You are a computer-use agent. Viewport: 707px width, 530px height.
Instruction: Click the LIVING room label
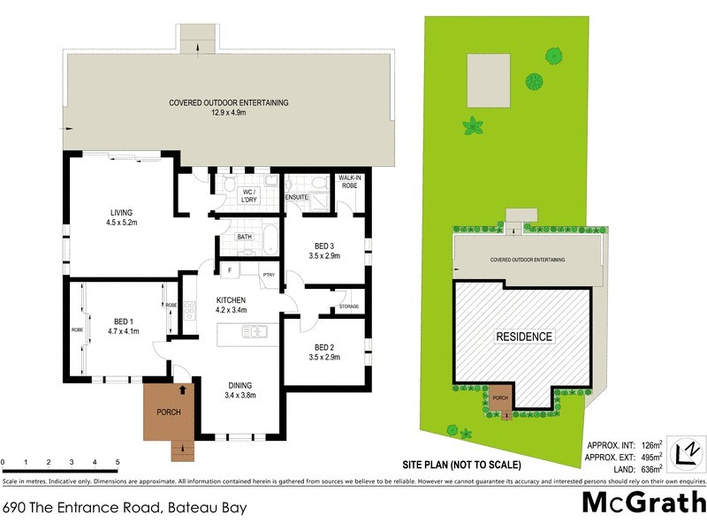[121, 212]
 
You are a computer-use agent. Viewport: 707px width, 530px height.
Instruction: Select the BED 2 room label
[323, 347]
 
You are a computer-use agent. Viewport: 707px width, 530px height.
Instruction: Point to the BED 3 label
[323, 246]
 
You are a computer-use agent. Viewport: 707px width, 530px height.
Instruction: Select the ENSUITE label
[297, 197]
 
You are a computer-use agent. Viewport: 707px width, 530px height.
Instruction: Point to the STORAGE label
[348, 307]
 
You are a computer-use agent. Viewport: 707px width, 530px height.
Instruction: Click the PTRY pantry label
[270, 276]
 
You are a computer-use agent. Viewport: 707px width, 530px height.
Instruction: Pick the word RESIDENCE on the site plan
[524, 337]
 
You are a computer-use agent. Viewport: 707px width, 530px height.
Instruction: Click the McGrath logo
[644, 503]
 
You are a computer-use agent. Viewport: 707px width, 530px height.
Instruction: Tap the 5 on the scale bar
[118, 462]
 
